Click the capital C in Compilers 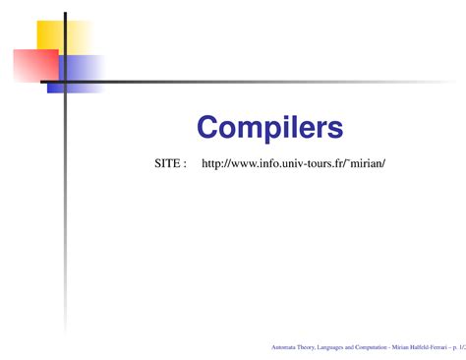click(x=207, y=127)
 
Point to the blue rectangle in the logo click(x=84, y=73)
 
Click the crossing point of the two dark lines click(x=65, y=82)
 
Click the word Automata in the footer click(x=282, y=347)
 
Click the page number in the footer click(x=459, y=347)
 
